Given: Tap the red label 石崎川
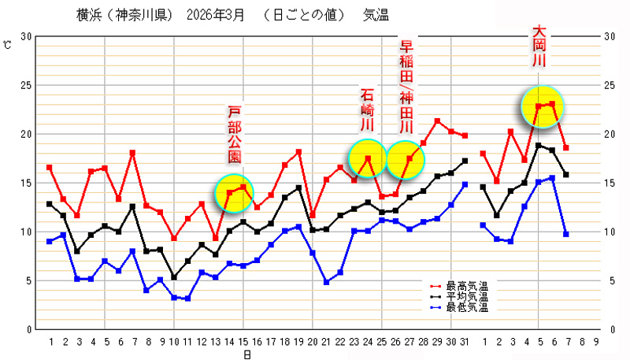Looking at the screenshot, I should point(367,109).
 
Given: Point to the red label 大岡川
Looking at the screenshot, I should point(539,48).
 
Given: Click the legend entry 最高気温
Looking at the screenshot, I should point(467,285).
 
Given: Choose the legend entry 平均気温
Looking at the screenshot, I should point(467,296).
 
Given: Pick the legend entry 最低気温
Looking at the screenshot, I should point(467,307).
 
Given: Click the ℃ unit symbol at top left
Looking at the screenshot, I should point(7,44).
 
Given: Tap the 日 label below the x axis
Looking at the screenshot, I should point(246,354).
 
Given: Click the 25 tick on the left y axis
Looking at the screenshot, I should point(26,85).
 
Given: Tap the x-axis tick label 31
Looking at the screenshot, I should point(465,341).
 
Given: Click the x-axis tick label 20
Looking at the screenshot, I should point(313,341).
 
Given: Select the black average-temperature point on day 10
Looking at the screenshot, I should point(174,277).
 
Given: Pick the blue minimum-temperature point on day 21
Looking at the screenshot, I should point(326,281).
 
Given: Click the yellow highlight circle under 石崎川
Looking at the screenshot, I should point(368,158).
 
